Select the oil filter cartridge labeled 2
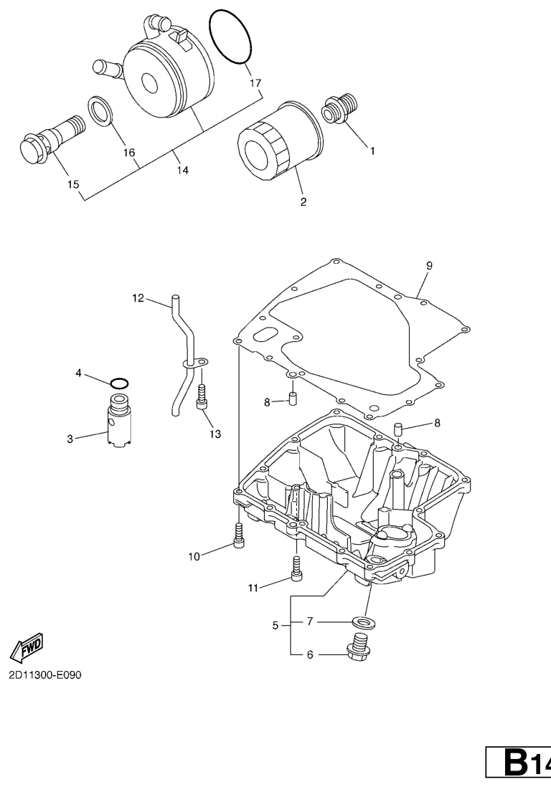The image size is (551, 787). click(x=279, y=140)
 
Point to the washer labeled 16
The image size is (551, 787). click(x=103, y=111)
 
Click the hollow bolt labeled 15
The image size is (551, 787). click(x=52, y=139)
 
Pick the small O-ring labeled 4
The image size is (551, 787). click(x=119, y=384)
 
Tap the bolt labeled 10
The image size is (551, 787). click(x=239, y=535)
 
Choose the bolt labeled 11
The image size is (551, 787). click(x=296, y=568)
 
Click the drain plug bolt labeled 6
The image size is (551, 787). click(x=358, y=646)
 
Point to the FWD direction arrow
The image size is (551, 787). click(x=27, y=647)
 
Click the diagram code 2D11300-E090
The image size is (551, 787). click(x=44, y=674)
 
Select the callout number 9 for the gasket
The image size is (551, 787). click(x=429, y=265)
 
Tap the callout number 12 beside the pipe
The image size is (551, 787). click(x=138, y=298)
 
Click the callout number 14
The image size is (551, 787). click(x=182, y=170)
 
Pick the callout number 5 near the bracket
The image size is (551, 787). click(x=275, y=626)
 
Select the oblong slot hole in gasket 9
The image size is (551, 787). click(x=265, y=335)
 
